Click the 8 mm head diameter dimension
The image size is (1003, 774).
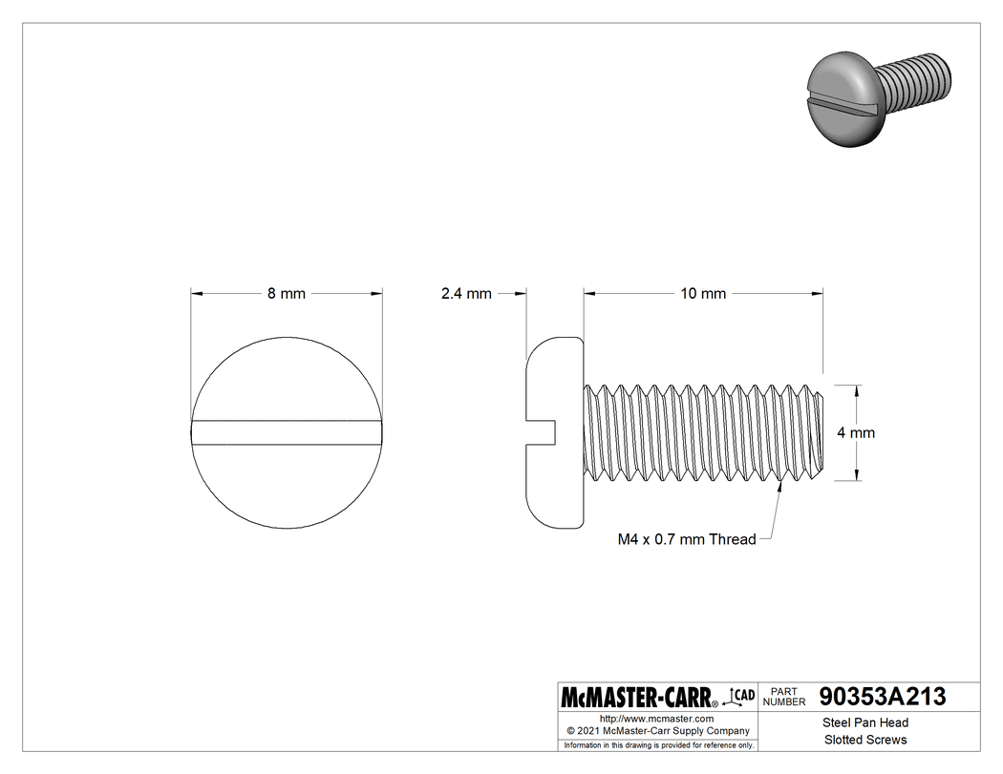(x=286, y=294)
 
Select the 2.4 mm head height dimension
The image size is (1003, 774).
(x=466, y=294)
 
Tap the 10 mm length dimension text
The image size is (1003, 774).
(x=703, y=294)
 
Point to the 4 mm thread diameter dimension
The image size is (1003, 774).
(x=855, y=432)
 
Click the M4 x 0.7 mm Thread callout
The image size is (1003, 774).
(x=687, y=539)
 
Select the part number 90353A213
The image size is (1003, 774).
(x=883, y=697)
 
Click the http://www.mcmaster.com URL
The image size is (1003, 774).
(x=656, y=719)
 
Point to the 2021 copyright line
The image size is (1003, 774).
(x=656, y=731)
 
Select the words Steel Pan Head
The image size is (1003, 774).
(x=865, y=722)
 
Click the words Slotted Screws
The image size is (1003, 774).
(x=865, y=740)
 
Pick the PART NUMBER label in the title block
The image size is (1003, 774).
(x=784, y=697)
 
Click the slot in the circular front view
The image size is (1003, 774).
(x=287, y=432)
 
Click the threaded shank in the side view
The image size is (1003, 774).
(x=702, y=432)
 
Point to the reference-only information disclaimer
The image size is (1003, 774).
(x=658, y=744)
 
